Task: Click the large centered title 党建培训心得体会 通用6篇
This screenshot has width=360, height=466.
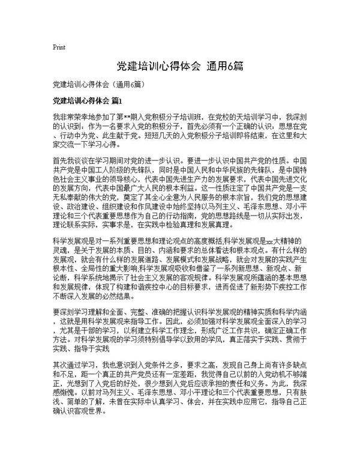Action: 179,65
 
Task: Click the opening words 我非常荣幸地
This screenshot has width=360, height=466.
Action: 71,116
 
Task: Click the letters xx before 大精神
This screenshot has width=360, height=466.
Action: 274,240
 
